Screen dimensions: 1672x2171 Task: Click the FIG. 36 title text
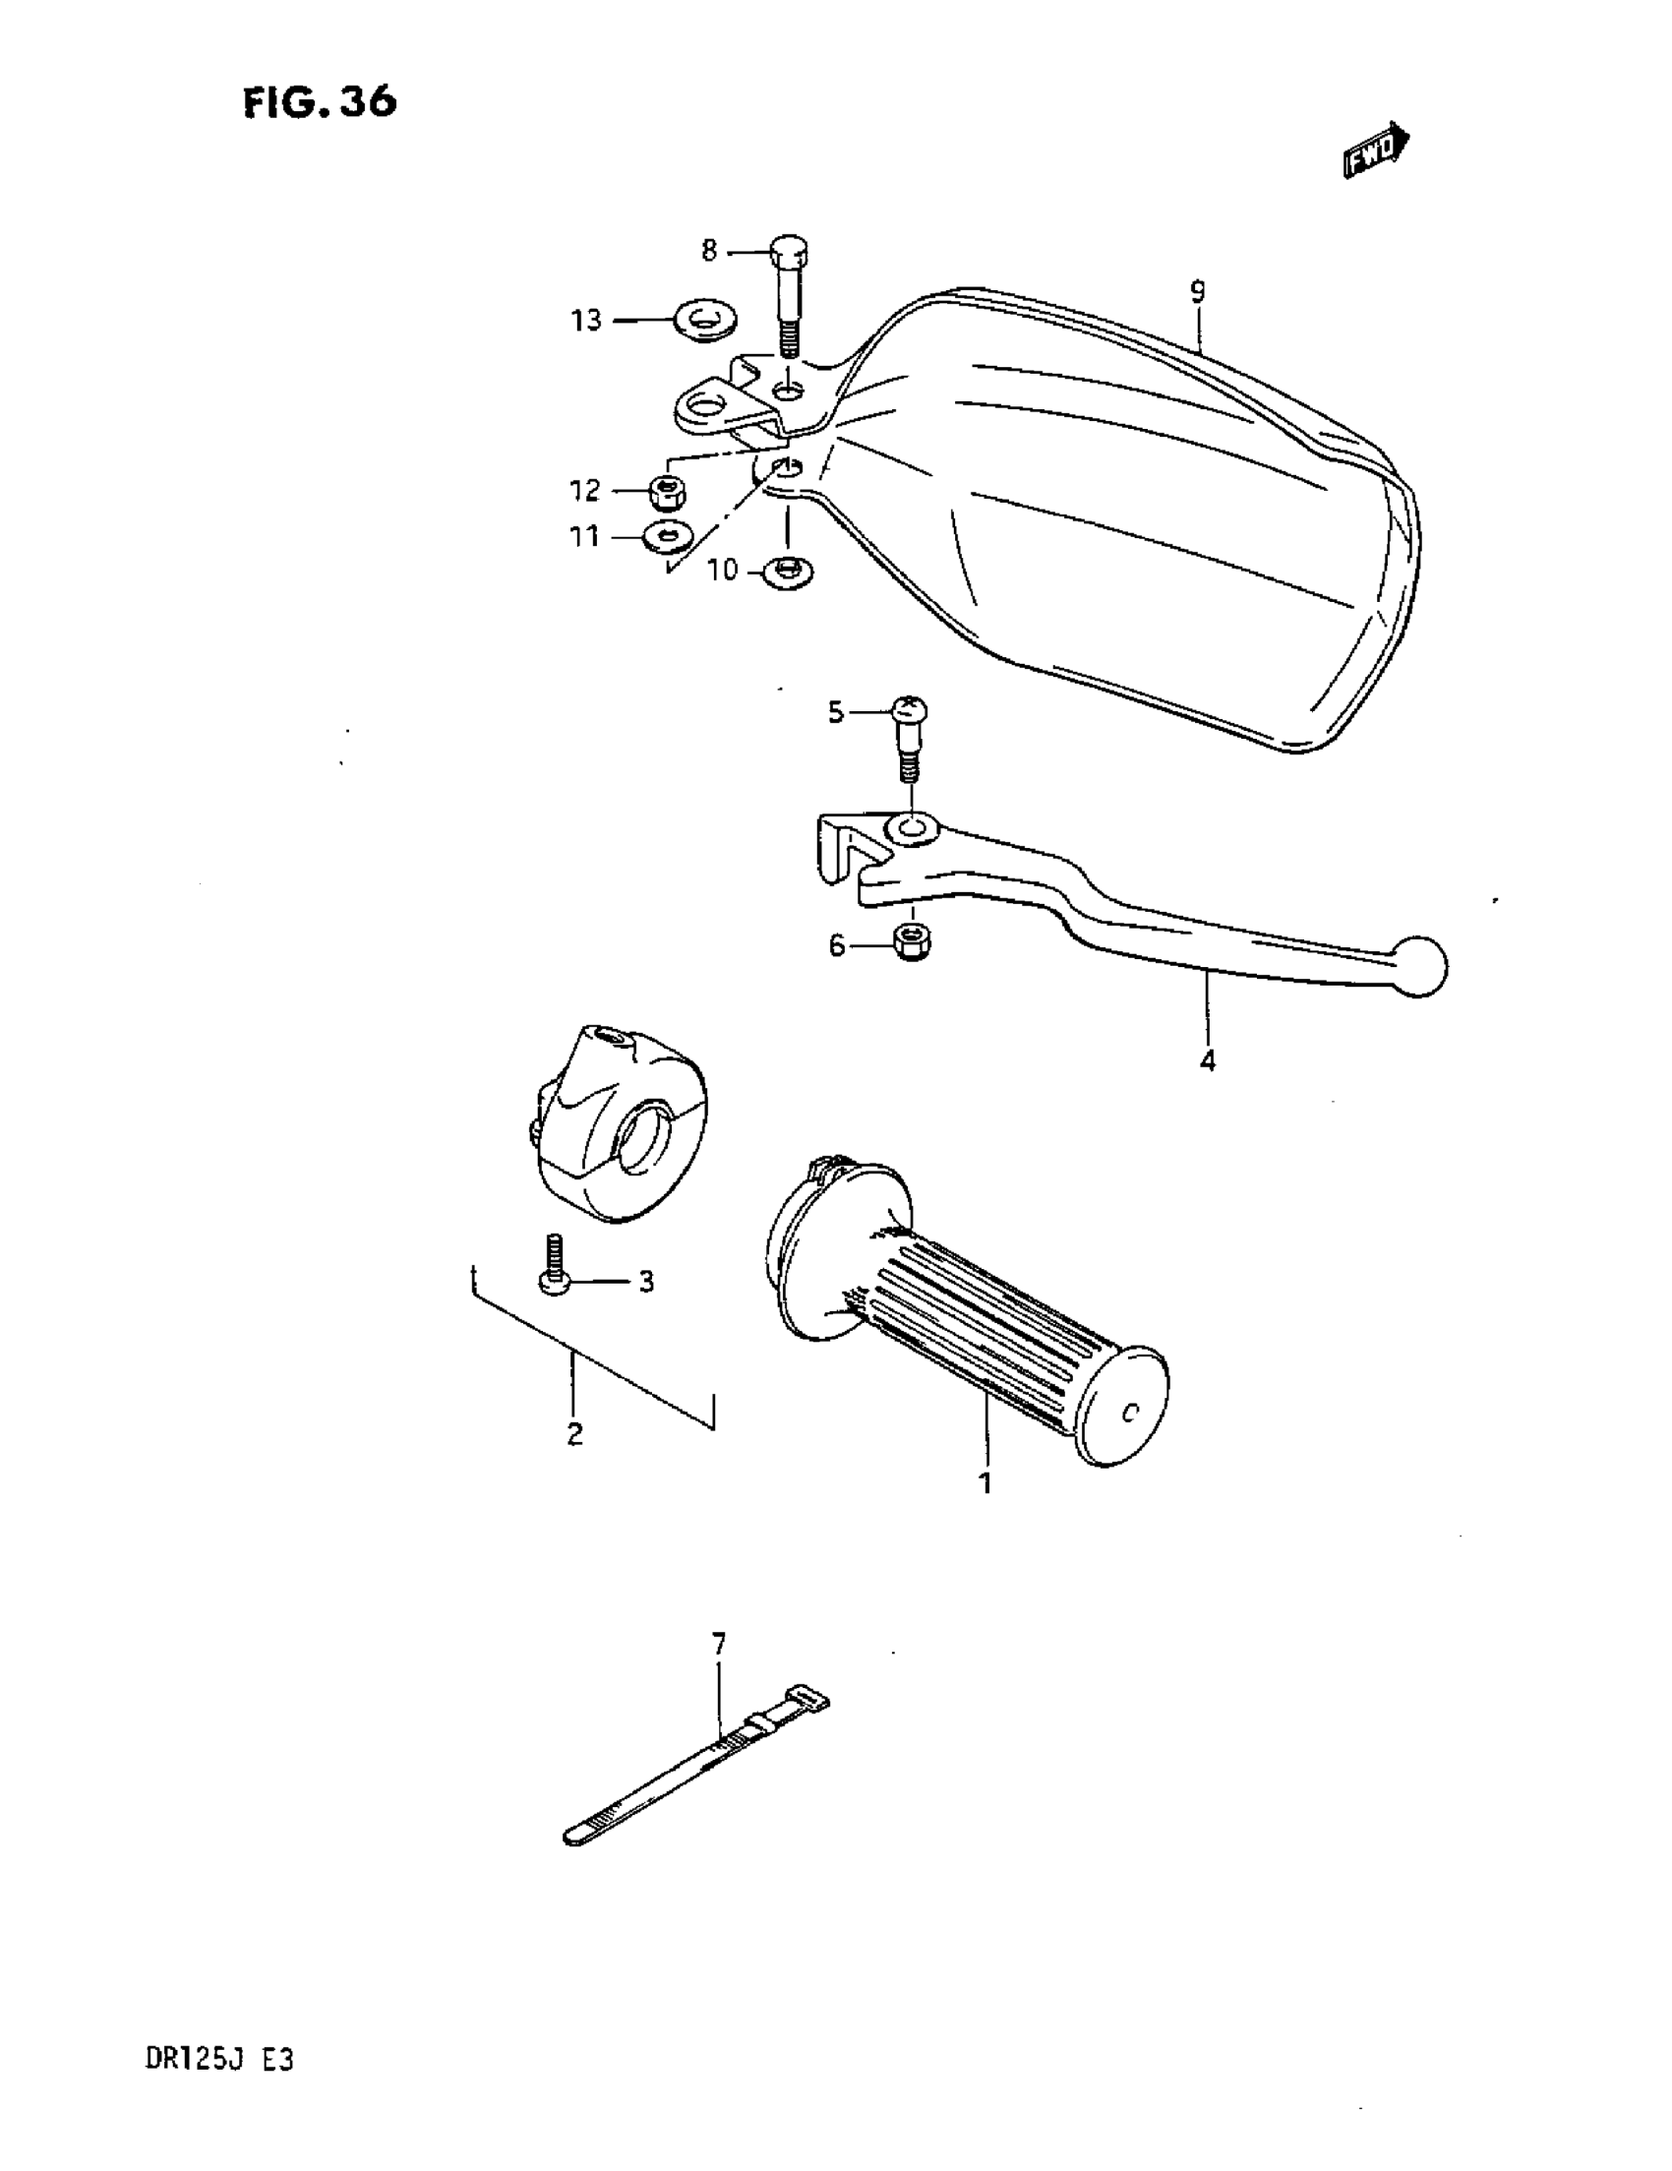(319, 102)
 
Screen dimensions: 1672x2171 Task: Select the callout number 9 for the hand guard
(1197, 292)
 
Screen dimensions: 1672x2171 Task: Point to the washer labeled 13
(704, 320)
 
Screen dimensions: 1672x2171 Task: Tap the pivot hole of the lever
(912, 827)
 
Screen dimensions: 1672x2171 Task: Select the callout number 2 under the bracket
(574, 1434)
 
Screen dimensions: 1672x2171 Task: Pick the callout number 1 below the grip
(985, 1512)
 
